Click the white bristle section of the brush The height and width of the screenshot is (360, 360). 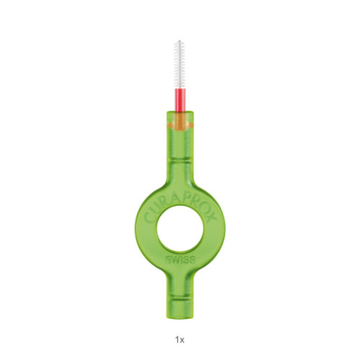point(180,65)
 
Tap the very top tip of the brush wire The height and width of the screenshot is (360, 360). point(180,40)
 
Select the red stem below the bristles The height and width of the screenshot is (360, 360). point(180,100)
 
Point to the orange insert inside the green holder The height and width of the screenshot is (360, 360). point(181,122)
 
